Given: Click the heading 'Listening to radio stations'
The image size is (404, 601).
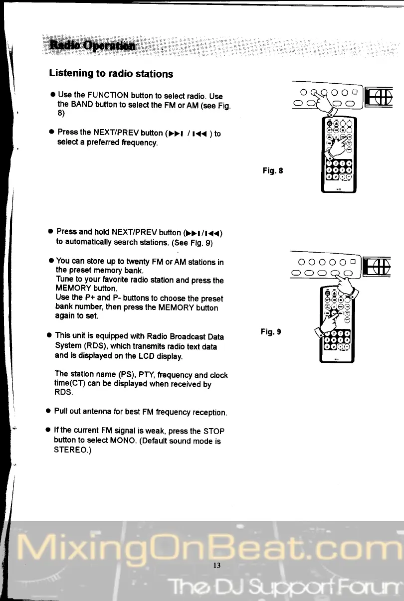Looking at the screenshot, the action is (111, 74).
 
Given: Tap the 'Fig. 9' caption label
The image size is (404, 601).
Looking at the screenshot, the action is (271, 330).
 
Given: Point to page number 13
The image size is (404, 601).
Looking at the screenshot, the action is (216, 565).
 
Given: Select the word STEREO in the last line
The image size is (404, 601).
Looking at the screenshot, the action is (71, 450).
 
